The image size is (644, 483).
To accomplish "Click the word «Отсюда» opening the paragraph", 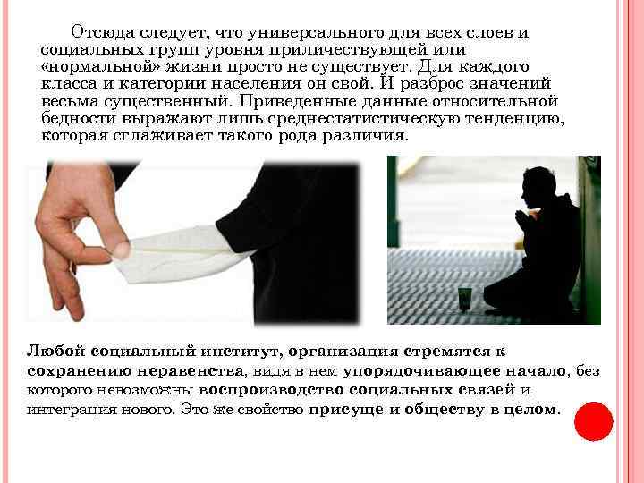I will [102, 33].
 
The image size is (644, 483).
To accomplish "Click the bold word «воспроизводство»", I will [267, 390].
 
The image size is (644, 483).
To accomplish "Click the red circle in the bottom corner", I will [593, 421].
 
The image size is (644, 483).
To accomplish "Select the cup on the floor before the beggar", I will [464, 296].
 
